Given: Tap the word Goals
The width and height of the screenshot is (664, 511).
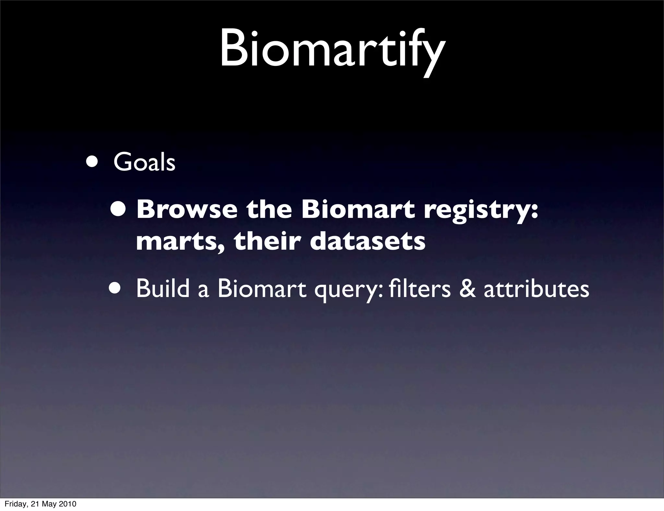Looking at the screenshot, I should pos(144,162).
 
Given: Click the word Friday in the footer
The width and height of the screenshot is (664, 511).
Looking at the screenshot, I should pos(15,504).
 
